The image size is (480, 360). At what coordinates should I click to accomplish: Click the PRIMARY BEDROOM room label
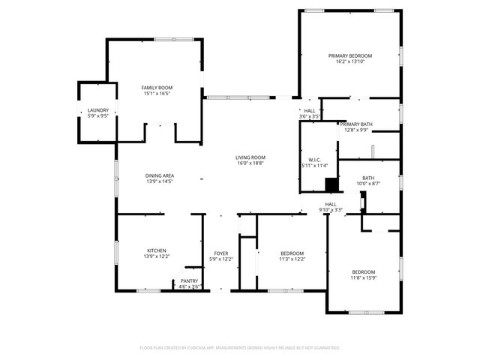click(x=350, y=55)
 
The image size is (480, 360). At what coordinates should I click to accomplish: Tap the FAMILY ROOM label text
click(x=157, y=88)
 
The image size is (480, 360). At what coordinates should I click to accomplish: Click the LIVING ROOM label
click(x=251, y=157)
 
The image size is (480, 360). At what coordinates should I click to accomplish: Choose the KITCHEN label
click(x=156, y=250)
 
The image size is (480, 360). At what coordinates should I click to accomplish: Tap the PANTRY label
click(x=189, y=281)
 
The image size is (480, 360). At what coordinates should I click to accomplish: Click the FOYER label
click(x=221, y=253)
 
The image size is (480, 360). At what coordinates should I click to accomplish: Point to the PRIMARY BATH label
click(x=356, y=124)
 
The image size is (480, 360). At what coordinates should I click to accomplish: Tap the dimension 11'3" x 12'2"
click(x=292, y=259)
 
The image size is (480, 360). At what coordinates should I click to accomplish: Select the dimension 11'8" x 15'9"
click(x=364, y=277)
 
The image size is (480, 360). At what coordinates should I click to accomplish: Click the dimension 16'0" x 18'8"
click(x=251, y=163)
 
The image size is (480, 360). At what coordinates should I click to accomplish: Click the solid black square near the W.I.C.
click(x=330, y=184)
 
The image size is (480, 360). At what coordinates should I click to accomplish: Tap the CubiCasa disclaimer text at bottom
click(x=240, y=348)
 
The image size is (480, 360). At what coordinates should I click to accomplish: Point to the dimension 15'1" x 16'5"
click(x=157, y=94)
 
